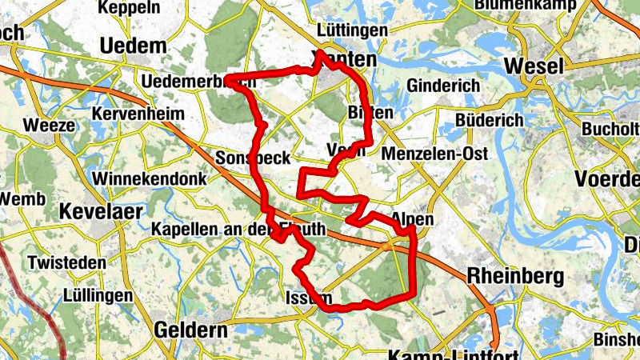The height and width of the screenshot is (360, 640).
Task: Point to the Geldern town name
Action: coord(187,329)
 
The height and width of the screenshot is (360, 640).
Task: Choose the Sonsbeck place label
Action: coord(253,158)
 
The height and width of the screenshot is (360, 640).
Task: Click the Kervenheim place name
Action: coord(139,114)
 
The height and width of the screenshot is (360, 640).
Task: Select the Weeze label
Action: coord(50,126)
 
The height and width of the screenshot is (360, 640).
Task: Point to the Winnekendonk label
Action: coord(150,178)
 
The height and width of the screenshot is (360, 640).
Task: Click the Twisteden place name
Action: coord(66,262)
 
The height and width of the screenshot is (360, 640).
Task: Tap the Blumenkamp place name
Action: coord(525,5)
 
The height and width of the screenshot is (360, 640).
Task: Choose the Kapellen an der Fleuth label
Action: coord(239,230)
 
